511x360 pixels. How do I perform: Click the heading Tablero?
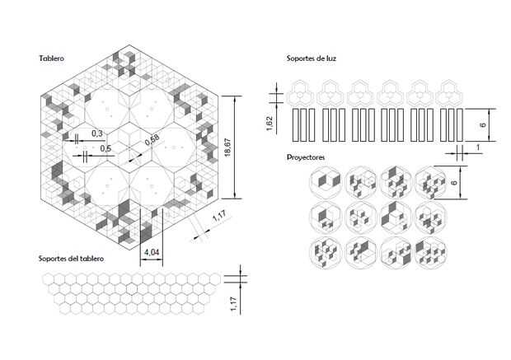(52, 58)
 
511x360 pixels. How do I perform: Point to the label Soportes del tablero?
(71, 259)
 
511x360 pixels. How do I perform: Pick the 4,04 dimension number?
(152, 250)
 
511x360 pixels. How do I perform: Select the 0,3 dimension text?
(96, 133)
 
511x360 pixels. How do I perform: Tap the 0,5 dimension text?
(105, 148)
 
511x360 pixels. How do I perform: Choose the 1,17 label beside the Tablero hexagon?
(218, 217)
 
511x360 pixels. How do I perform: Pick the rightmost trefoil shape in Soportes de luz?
(450, 91)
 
